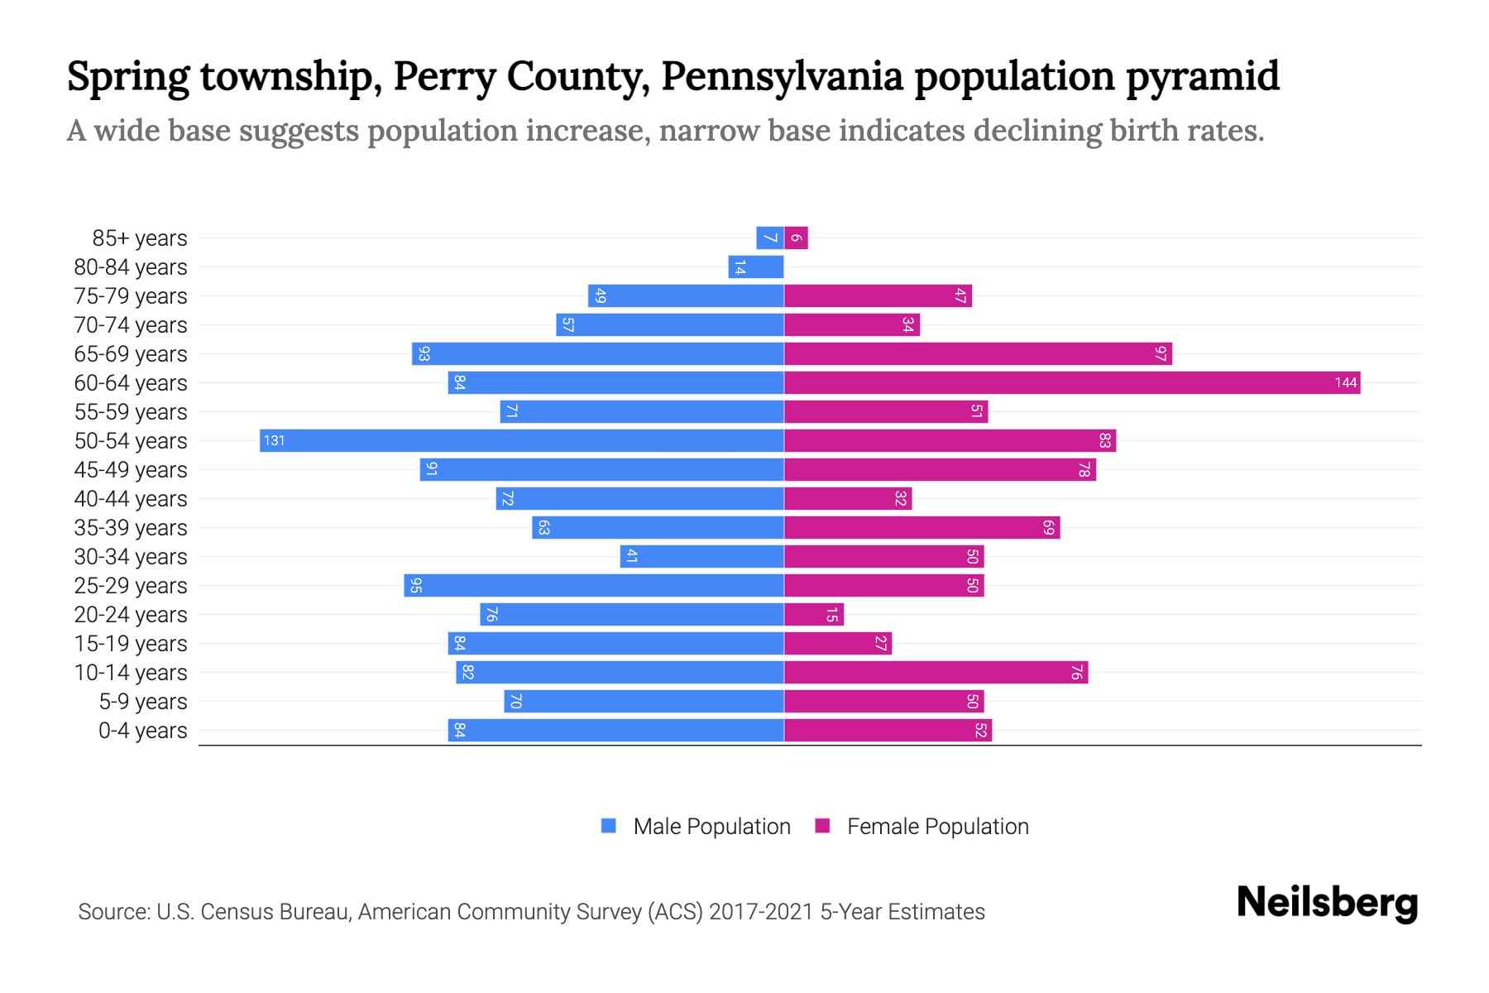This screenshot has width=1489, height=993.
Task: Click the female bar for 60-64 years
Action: coord(1071,382)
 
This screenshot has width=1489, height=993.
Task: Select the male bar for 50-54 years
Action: coord(521,440)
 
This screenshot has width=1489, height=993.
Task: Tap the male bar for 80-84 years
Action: coord(756,267)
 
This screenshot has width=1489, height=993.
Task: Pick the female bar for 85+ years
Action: coord(796,238)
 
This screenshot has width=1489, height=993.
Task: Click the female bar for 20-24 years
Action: coord(813,615)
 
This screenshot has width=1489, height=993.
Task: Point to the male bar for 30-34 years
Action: coord(701,557)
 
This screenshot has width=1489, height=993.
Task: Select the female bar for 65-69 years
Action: coord(978,354)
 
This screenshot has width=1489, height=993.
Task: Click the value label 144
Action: coord(1345,382)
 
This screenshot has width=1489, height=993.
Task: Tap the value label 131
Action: coord(274,440)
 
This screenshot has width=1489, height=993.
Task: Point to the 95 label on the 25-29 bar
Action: coord(416,586)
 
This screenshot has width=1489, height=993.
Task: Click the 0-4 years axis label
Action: coord(142,731)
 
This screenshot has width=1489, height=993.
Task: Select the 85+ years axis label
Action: coord(139,238)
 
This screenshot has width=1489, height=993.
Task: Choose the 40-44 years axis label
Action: coord(131,499)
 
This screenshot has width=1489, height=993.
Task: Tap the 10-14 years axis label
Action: coord(131,673)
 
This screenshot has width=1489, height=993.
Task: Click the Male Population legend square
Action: coord(609,826)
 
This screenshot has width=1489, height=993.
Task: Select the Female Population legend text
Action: coord(937,827)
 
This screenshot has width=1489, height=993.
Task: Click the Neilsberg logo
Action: coord(1327,903)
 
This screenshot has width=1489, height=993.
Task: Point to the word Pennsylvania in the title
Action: coord(782,76)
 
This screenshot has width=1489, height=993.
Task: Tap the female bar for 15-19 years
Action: coord(837,644)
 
